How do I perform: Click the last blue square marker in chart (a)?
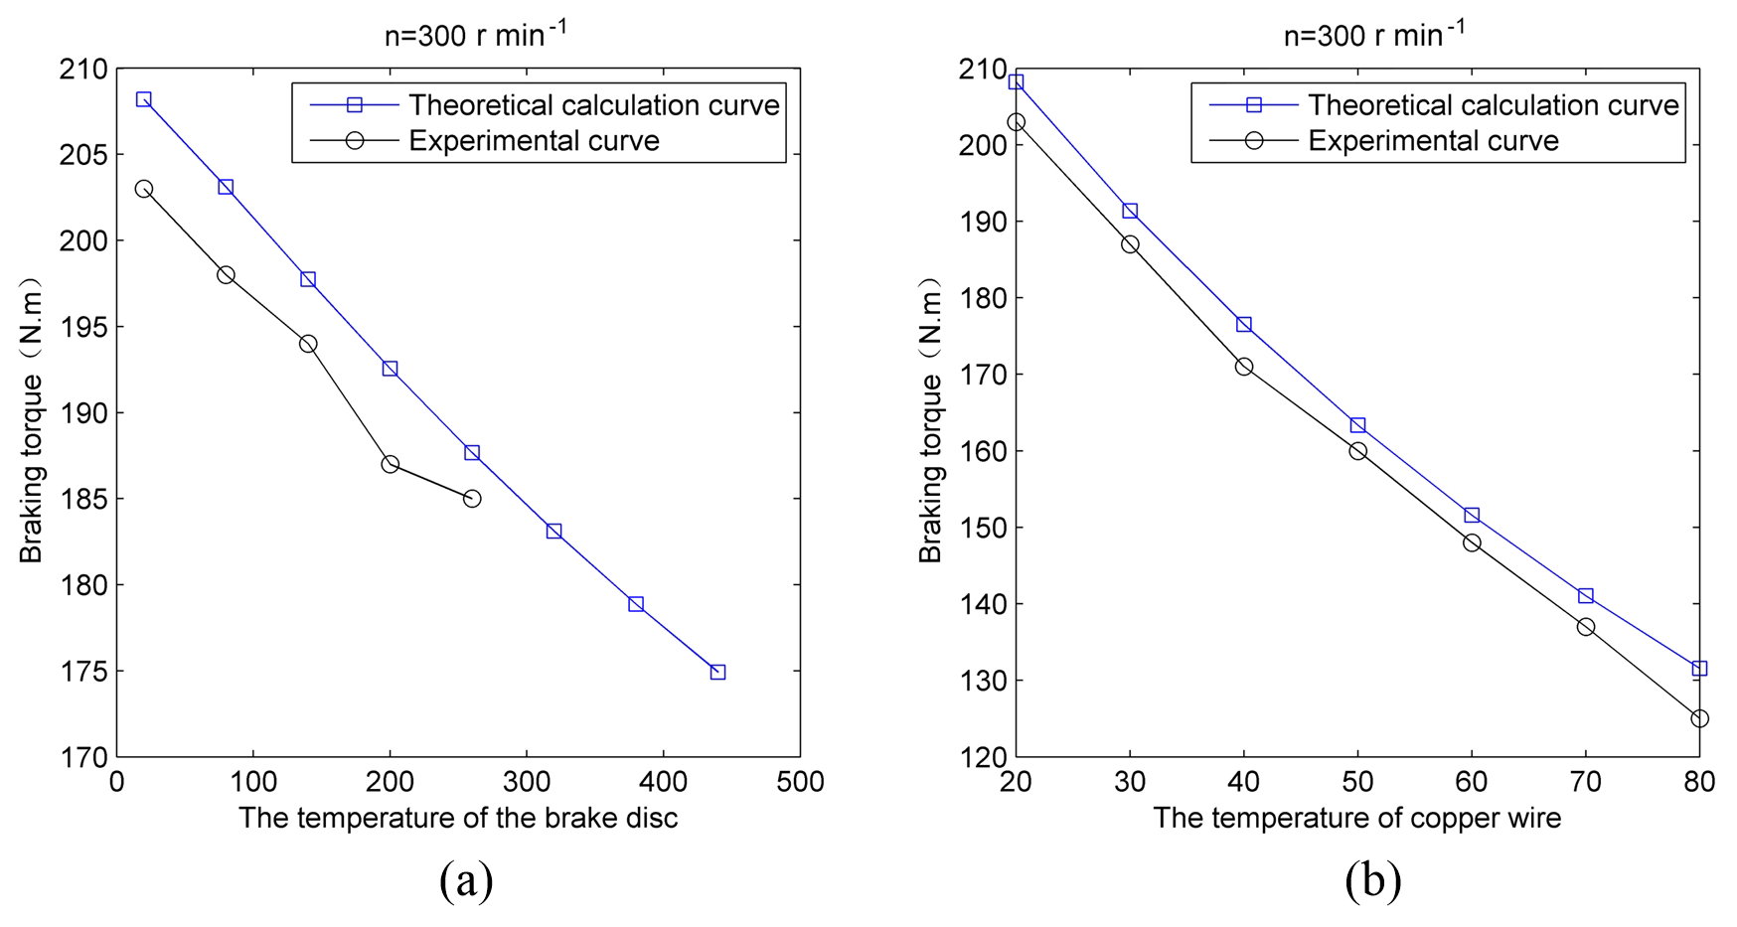(717, 672)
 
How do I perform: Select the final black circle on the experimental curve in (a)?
(472, 498)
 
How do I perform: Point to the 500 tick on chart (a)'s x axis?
(800, 783)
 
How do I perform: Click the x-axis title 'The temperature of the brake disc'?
(458, 818)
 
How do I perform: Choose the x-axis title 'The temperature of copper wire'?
(1356, 818)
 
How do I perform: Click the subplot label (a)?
(465, 880)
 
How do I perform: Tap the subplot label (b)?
(1372, 880)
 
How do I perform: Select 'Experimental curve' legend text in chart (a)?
(534, 140)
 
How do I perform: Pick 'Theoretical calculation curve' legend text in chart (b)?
(1493, 104)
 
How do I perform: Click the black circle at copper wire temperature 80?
(1699, 717)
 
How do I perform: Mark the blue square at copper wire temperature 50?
(1357, 425)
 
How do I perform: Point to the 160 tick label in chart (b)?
(982, 451)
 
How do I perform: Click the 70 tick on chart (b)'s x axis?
(1585, 783)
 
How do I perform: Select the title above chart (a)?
(476, 35)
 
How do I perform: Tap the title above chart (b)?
(1374, 35)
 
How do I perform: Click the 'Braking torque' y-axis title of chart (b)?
(930, 425)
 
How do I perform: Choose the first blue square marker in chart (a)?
(143, 99)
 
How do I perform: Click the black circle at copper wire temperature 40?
(1243, 367)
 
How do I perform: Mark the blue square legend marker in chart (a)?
(354, 104)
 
